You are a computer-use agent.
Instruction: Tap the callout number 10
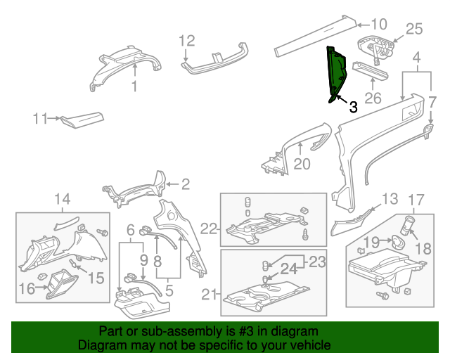pos(379,22)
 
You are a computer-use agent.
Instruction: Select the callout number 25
pos(415,29)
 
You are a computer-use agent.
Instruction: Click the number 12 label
pos(186,40)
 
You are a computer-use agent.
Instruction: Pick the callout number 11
pos(41,119)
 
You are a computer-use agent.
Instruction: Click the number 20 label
pos(302,164)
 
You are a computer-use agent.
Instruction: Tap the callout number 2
pos(186,185)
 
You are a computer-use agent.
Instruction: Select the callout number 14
pos(63,199)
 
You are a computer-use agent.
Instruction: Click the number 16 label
pos(26,288)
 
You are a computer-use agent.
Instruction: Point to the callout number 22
pos(207,228)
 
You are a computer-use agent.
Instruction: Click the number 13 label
pos(390,198)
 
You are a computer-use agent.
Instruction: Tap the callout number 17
pos(416,199)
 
